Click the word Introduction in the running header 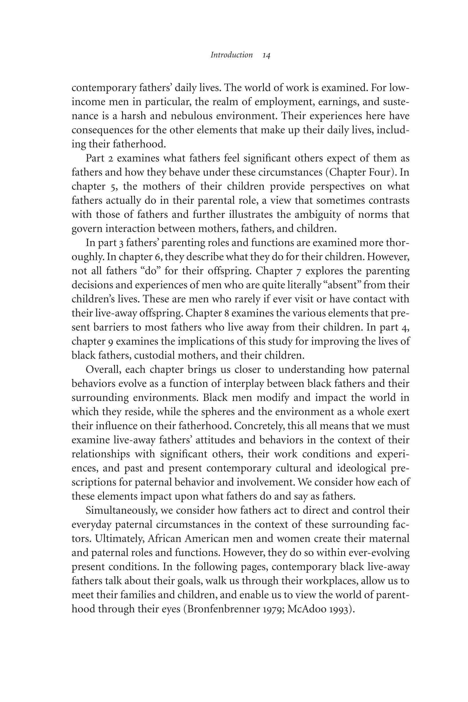point(232,55)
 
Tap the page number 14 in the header point(266,56)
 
